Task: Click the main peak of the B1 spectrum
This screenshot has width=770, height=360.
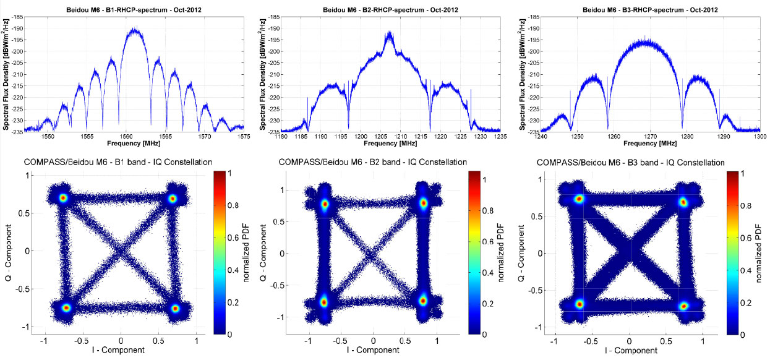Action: coord(134,29)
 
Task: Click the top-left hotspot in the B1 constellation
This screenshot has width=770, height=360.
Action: coord(62,198)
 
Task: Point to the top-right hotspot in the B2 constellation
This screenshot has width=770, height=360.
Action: coord(424,203)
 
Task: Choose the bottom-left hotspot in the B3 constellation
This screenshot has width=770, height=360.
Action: coord(580,304)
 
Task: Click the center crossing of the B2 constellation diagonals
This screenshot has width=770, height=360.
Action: coord(372,253)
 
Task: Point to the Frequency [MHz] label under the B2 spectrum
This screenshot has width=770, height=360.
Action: coord(391,143)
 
